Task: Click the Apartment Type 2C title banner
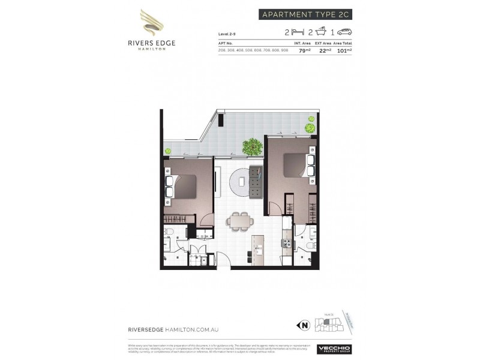305,14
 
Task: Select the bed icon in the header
295,32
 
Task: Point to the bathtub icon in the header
322,32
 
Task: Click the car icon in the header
344,32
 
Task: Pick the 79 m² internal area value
304,50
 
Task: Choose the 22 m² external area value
324,50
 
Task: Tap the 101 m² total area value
343,50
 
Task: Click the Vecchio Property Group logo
334,349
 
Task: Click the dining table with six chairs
240,221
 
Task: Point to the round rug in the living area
242,183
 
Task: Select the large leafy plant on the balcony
253,146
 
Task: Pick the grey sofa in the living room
256,182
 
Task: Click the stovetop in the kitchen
286,244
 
